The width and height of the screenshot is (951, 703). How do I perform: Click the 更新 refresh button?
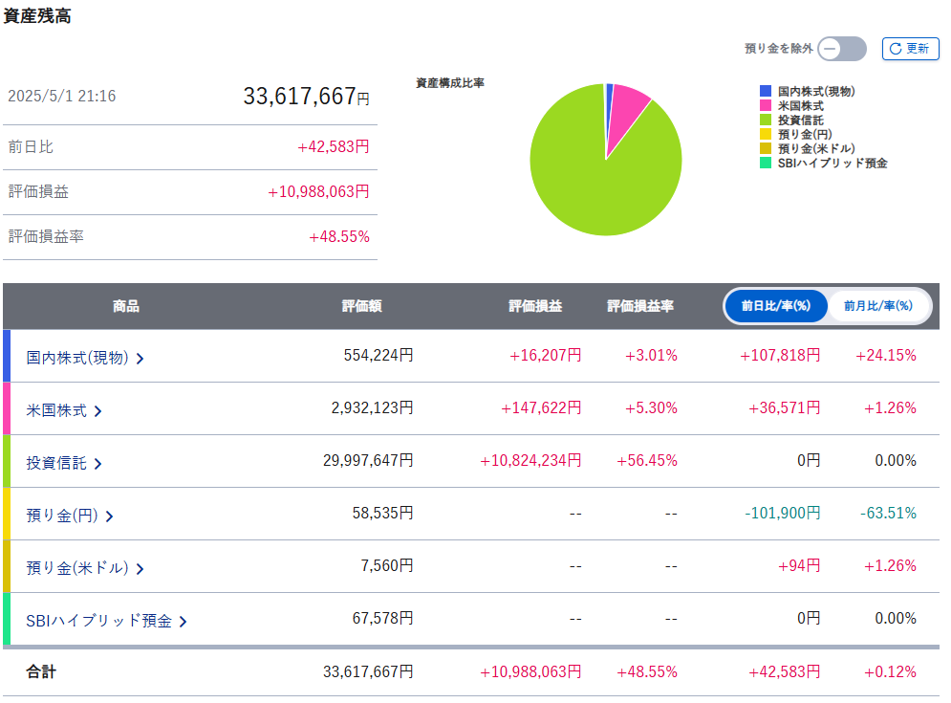tap(910, 49)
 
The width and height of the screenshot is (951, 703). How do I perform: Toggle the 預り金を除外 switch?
tap(842, 49)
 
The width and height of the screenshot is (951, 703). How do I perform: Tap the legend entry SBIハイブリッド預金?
tap(832, 164)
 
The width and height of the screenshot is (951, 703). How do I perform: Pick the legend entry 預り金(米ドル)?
tap(815, 148)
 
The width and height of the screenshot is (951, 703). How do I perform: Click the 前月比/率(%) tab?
tap(877, 306)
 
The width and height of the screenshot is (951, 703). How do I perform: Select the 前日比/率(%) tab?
tap(775, 306)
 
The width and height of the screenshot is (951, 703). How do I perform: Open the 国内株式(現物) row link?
tap(85, 357)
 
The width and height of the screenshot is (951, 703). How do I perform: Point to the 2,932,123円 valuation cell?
tap(372, 408)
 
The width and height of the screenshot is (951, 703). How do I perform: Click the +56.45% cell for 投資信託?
tap(651, 461)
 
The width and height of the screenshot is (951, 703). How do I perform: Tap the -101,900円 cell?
tap(782, 514)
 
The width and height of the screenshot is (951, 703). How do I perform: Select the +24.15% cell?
tap(888, 356)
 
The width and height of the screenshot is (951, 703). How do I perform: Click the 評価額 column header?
tap(361, 306)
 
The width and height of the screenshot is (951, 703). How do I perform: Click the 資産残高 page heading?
tap(36, 16)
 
